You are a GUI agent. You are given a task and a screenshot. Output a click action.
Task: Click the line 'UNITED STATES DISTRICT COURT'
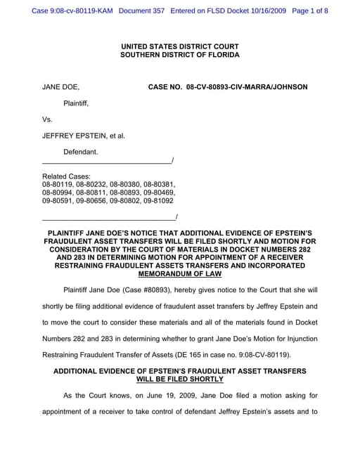(179, 46)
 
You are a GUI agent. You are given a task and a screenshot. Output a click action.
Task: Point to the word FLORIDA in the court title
(222, 55)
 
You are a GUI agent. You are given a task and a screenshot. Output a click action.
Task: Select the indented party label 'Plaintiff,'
(76, 103)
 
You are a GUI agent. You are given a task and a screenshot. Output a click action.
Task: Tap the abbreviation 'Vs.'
(48, 119)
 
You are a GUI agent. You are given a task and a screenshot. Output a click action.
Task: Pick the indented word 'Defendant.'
(81, 152)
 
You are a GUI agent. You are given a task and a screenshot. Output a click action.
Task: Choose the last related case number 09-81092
(159, 200)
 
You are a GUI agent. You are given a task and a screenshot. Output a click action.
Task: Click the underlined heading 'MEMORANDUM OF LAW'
(179, 273)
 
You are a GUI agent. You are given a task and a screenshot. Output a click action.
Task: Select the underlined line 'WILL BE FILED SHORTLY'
(179, 378)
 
